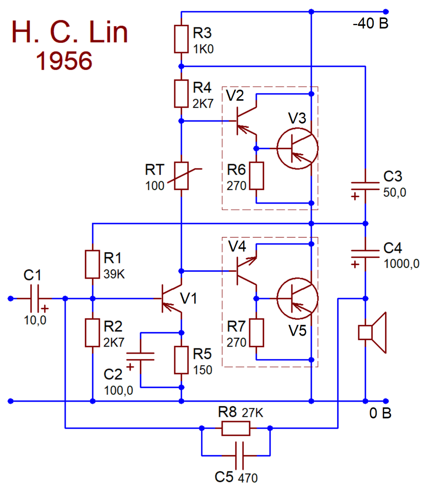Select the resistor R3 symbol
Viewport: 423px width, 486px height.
pos(181,39)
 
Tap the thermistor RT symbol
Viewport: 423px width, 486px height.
pos(182,176)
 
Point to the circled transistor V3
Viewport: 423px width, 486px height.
pos(297,148)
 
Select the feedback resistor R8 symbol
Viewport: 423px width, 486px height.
pos(236,428)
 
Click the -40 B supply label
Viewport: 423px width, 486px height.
pos(370,24)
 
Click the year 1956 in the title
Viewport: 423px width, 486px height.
pos(64,61)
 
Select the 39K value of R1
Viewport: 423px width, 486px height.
pos(114,274)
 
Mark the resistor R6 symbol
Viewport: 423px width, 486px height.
pos(256,176)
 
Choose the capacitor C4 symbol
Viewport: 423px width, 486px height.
pos(365,254)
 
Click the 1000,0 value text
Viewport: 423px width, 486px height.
pos(401,264)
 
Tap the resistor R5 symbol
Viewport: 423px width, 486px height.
pos(181,360)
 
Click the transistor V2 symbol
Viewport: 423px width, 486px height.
pos(245,121)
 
